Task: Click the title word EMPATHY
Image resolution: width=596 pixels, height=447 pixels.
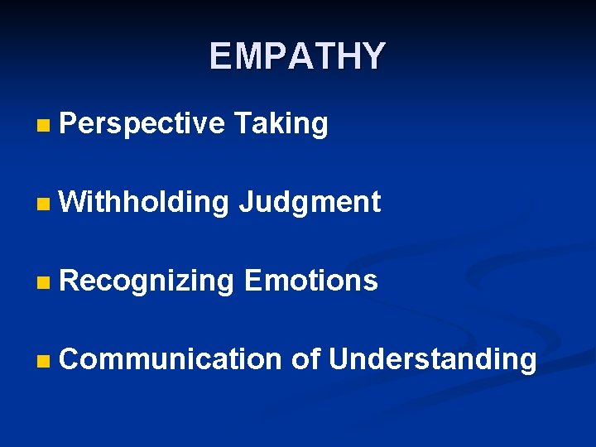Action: (x=297, y=56)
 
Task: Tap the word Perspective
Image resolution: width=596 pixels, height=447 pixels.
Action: (x=142, y=124)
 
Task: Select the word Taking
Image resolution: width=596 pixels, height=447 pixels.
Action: (x=281, y=124)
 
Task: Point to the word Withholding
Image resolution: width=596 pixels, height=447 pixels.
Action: (x=144, y=202)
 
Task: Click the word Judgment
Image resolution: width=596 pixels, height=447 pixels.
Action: (x=310, y=202)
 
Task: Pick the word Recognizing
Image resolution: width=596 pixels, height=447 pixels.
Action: (x=147, y=281)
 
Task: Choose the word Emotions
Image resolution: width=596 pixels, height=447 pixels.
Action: (x=311, y=281)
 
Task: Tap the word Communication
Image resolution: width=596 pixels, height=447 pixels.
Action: (x=171, y=359)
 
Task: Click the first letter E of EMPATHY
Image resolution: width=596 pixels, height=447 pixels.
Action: (x=220, y=56)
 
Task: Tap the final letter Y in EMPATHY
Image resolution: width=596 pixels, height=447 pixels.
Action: (x=373, y=56)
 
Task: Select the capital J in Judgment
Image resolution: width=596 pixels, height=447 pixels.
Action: (x=245, y=202)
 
